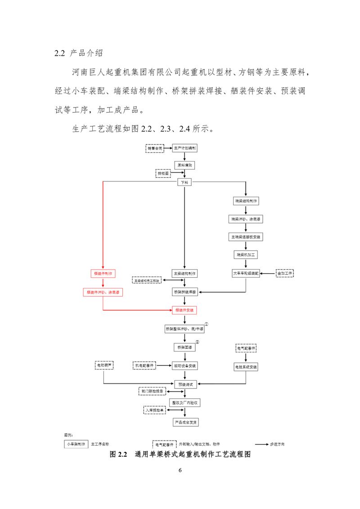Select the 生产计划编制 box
(184, 148)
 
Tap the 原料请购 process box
(184, 165)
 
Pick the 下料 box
(184, 182)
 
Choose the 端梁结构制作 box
(246, 201)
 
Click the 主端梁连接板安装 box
(246, 236)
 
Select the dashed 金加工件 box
(284, 273)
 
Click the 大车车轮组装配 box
(246, 273)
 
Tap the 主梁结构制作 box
(184, 273)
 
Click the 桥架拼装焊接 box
(184, 292)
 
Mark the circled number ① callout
(207, 324)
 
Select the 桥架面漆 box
(184, 347)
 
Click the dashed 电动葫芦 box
(104, 365)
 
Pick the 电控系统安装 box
(246, 367)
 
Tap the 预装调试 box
(184, 384)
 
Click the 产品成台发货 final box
(184, 422)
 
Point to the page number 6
(180, 470)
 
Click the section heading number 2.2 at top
(60, 53)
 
